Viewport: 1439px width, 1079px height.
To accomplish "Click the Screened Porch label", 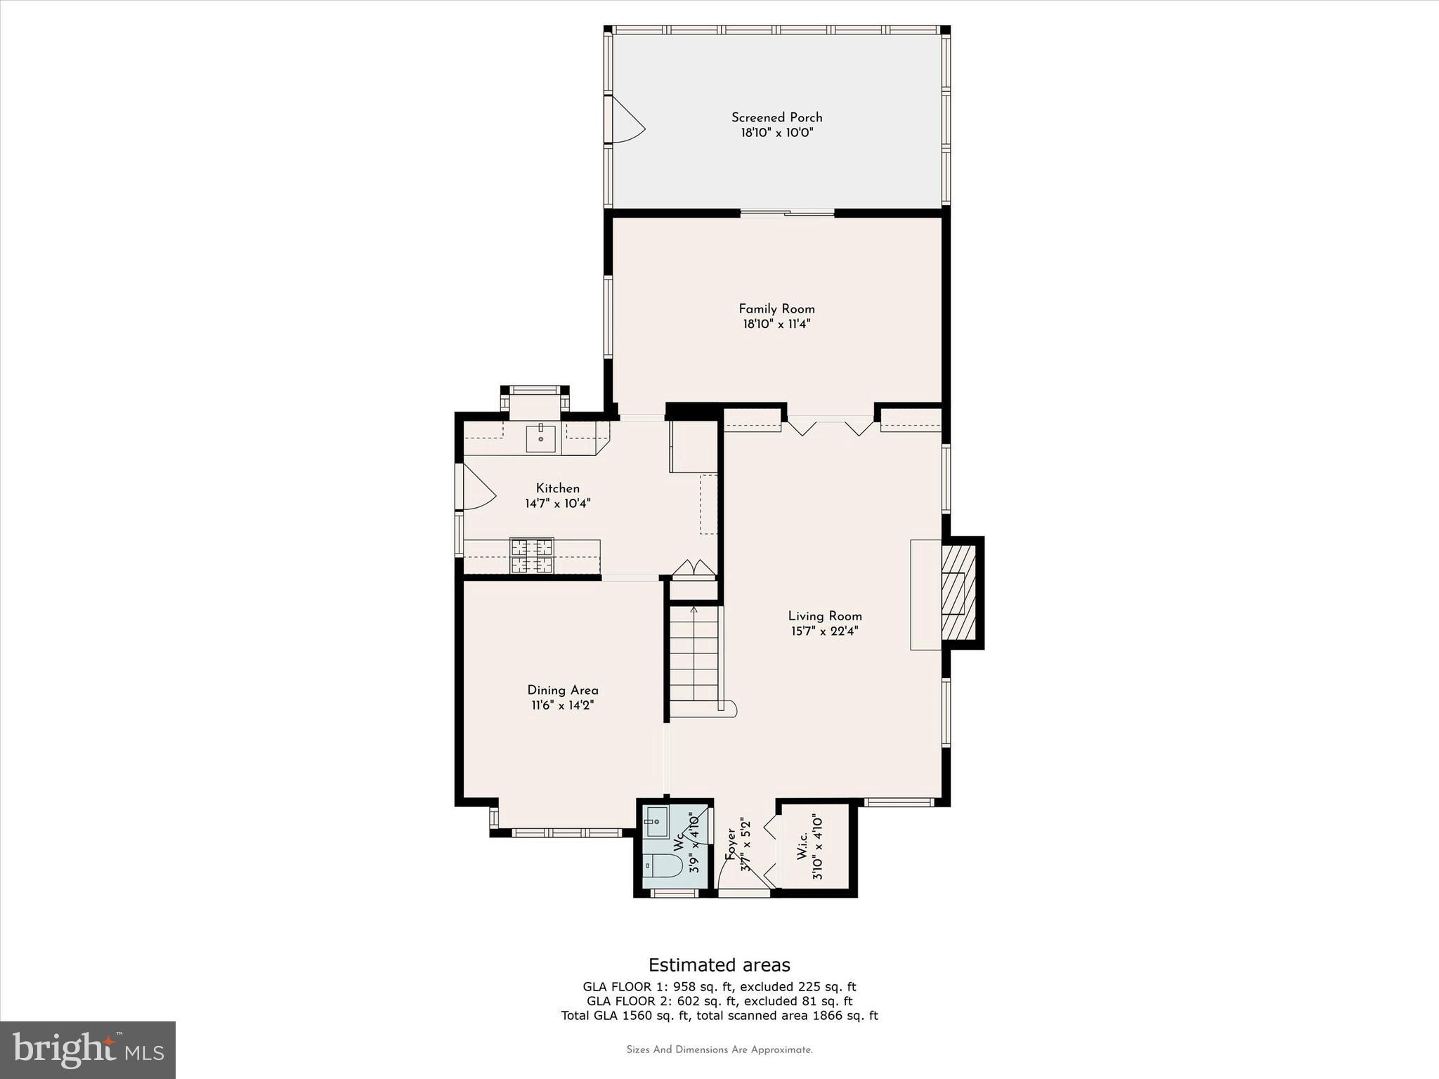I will coord(776,117).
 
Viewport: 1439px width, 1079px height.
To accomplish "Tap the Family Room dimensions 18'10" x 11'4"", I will coord(776,325).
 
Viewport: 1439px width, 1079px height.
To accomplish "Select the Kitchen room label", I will coord(558,488).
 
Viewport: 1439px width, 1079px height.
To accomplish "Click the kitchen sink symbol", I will coord(541,438).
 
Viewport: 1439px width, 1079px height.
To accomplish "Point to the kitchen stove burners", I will coord(532,556).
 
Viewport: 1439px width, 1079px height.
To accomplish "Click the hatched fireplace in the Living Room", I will coord(958,593).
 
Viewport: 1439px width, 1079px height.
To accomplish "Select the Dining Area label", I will coord(563,690).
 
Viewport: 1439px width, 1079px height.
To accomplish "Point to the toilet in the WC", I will coord(663,866).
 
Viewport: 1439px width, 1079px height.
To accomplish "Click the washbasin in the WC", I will coord(656,822).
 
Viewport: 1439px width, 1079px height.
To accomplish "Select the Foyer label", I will coord(731,843).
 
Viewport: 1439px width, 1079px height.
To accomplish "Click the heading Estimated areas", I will coord(719,964).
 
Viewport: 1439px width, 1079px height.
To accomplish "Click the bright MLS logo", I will coord(88,1049).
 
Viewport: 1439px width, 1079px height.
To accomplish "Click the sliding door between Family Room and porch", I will coord(787,212).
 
